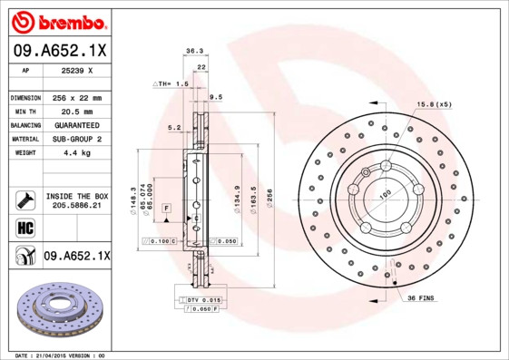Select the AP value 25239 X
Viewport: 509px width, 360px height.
click(x=77, y=70)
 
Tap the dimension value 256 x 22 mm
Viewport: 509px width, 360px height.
click(x=76, y=97)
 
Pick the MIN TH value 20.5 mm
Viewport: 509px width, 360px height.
click(x=76, y=111)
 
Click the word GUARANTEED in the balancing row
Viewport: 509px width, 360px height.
click(x=76, y=124)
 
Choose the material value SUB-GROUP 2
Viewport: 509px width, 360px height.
click(x=76, y=139)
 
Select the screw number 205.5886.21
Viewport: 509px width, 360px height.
click(x=77, y=206)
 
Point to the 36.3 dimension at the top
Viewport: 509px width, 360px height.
click(x=193, y=52)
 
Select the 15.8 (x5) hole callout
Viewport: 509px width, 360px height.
click(x=434, y=105)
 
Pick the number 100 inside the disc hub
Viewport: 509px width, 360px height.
click(x=385, y=195)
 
